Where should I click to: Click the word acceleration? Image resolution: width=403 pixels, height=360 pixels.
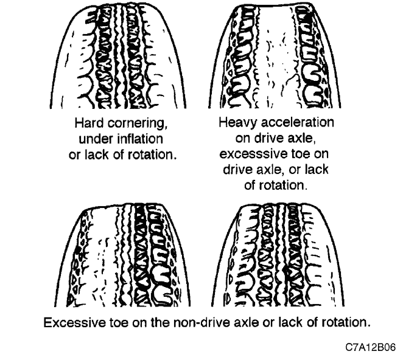tap(297, 122)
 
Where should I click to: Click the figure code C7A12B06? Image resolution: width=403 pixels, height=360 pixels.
tap(371, 347)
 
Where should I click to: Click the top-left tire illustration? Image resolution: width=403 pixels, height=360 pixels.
tap(118, 56)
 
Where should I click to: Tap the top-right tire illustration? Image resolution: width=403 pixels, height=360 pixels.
tap(275, 56)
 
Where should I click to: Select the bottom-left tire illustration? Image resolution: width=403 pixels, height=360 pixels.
tap(122, 255)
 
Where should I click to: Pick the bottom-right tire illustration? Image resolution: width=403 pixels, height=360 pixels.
tap(278, 255)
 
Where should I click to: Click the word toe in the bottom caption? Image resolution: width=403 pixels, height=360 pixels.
tap(119, 322)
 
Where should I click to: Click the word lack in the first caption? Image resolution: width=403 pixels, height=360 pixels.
tap(97, 155)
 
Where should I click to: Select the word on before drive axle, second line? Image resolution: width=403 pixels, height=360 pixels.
tap(243, 139)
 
